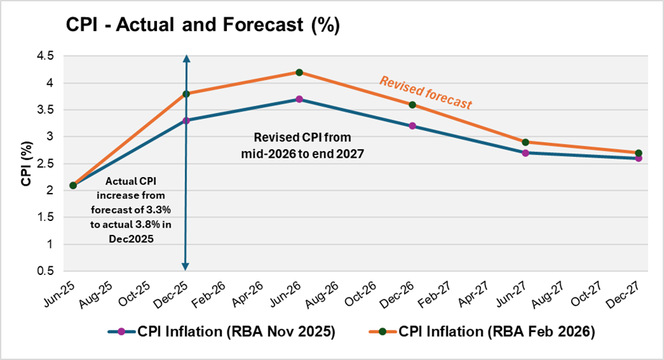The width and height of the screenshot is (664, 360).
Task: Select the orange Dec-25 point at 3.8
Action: (186, 94)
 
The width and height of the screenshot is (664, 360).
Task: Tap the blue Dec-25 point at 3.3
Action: (186, 120)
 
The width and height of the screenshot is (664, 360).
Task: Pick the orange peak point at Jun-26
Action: (299, 72)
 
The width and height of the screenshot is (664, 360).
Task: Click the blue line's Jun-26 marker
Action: (299, 99)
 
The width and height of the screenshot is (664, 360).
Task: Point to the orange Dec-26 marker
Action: (412, 104)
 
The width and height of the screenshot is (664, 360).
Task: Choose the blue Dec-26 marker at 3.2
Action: (412, 126)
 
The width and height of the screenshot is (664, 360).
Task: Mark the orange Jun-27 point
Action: (525, 142)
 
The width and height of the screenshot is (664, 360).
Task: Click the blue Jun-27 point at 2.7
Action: (525, 153)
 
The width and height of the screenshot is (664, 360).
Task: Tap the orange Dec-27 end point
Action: (638, 153)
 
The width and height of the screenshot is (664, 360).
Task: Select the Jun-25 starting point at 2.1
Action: (73, 185)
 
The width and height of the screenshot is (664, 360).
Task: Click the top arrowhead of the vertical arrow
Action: (186, 58)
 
